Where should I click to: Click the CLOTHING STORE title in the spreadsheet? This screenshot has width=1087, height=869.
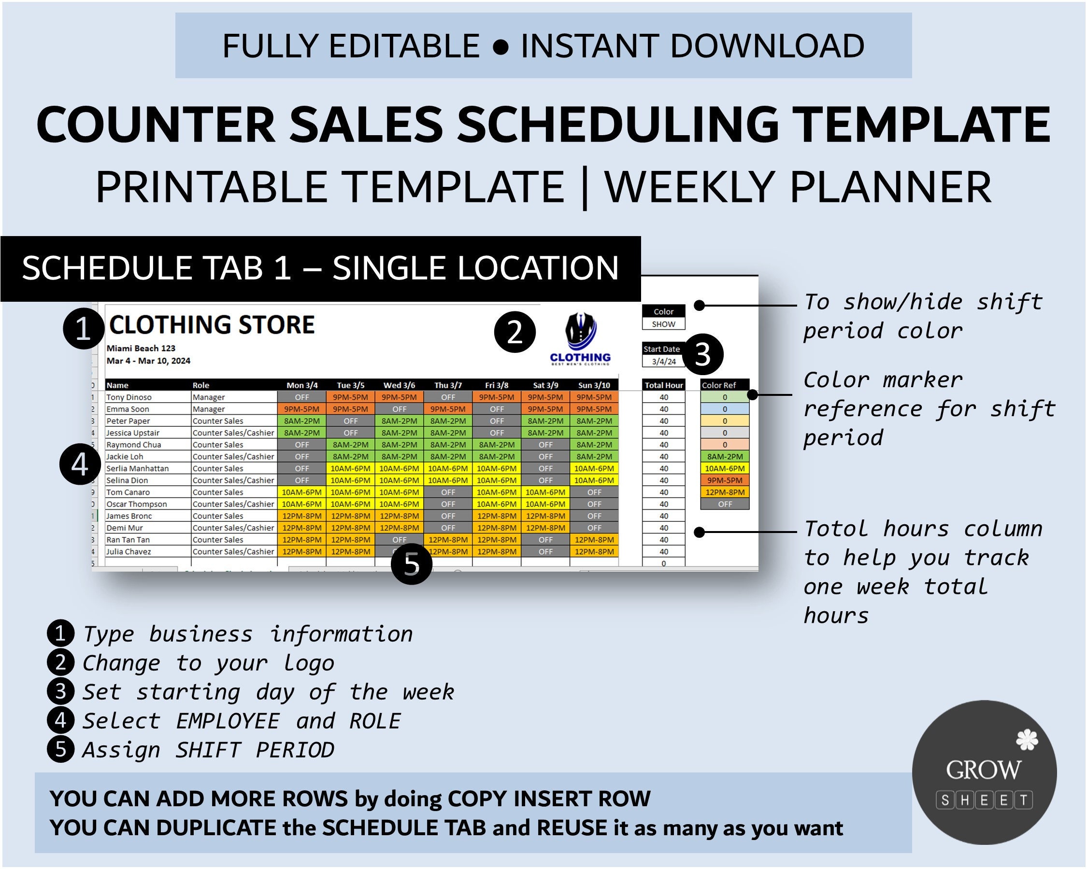coord(212,325)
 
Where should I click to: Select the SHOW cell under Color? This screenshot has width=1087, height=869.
coord(663,324)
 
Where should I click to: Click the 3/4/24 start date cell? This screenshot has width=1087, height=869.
coord(663,361)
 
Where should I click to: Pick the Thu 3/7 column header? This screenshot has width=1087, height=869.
coord(448,385)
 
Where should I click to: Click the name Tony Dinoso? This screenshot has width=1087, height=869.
coord(129,397)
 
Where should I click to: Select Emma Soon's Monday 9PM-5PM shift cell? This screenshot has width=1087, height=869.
coord(301,409)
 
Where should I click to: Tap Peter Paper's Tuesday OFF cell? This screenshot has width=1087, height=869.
coord(350,420)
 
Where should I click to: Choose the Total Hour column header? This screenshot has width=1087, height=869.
coord(663,385)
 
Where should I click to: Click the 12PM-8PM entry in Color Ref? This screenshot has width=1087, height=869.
coord(725,492)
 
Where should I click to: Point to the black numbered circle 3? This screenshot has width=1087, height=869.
coord(703,354)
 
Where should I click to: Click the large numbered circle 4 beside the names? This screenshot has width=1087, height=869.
coord(80,464)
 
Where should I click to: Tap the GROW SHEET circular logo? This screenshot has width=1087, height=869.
coord(984,772)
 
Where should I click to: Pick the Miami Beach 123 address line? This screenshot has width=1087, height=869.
coord(141,348)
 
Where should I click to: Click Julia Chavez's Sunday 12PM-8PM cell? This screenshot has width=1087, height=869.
coord(594,552)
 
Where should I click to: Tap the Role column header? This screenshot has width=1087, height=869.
coord(200,385)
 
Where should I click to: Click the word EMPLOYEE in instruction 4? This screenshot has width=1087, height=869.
coord(228,721)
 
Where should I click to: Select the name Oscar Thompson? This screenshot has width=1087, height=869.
coord(136,504)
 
